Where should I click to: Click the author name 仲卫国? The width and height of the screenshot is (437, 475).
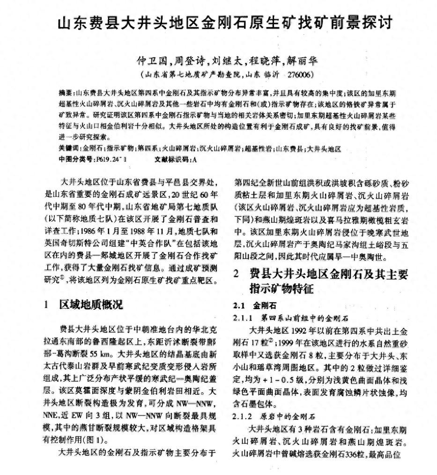(x=150, y=61)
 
